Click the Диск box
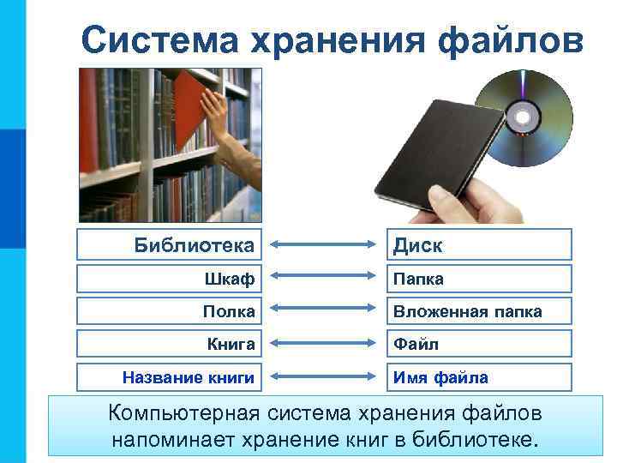[478, 245]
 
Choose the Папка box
[478, 280]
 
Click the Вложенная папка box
[478, 311]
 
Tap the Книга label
[231, 344]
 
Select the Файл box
[478, 344]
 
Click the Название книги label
[189, 376]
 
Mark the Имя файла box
[478, 376]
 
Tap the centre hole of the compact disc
[521, 115]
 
